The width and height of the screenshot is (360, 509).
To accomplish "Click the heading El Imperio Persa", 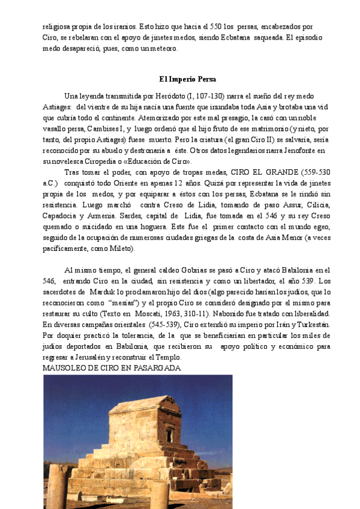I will pyautogui.click(x=188, y=79).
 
